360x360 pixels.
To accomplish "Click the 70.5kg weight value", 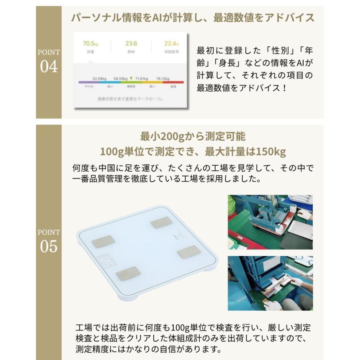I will [x=90, y=44].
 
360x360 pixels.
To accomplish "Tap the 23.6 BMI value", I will [x=131, y=44].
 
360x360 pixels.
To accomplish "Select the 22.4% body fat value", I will [x=171, y=44].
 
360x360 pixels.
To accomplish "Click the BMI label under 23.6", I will [x=131, y=52].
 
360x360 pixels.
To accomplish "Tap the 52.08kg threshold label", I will [x=100, y=78].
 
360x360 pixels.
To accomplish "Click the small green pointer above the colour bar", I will [x=131, y=78].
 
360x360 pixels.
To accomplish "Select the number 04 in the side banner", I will [x=49, y=67].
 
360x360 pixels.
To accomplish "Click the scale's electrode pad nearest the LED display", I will [x=128, y=274].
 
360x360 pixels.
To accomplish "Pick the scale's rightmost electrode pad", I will [x=189, y=252].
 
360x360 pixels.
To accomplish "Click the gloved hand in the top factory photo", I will [x=304, y=214].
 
